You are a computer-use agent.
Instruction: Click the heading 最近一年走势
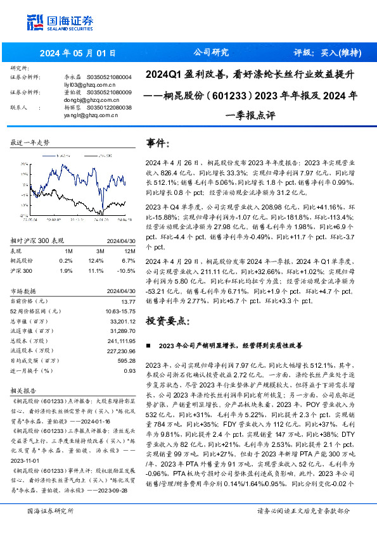(30, 143)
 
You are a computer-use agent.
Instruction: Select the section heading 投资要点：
(168, 321)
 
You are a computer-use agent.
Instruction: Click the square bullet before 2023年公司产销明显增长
(148, 346)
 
